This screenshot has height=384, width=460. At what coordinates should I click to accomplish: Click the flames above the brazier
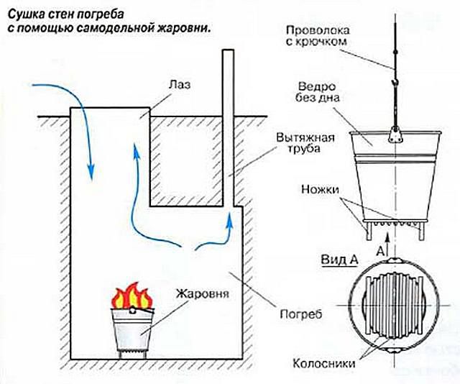pos(132,296)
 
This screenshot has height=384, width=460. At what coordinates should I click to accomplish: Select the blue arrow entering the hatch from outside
pos(79,115)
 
